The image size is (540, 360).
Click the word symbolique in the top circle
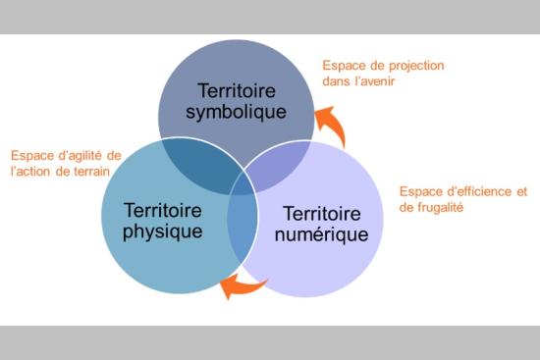click(x=237, y=111)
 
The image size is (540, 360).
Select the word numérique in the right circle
click(x=326, y=234)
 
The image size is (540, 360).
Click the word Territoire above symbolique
click(x=237, y=89)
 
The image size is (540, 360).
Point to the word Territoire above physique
click(x=163, y=210)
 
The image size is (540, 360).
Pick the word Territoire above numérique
click(x=326, y=213)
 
